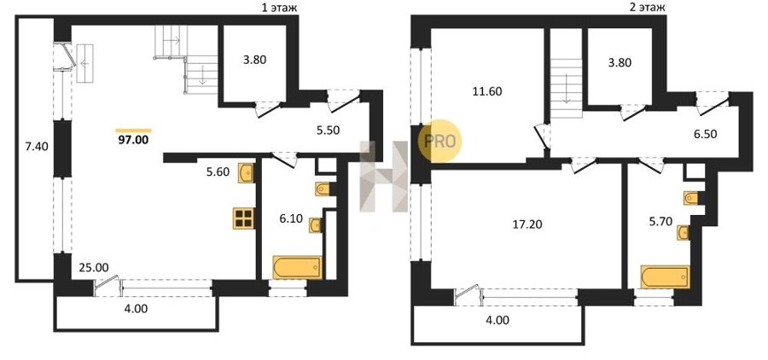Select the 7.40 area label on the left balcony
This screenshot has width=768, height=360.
[x=37, y=146]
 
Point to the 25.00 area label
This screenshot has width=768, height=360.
[x=94, y=267]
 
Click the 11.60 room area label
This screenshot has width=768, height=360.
[x=488, y=91]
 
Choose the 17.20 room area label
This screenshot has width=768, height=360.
[x=527, y=225]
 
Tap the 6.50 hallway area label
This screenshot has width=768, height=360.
[x=706, y=134]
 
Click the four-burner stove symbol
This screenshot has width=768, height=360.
[x=244, y=218]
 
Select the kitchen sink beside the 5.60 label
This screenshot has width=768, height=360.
[x=246, y=173]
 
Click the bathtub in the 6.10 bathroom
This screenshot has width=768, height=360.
[x=297, y=267]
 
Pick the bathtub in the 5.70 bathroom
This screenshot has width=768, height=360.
[x=665, y=277]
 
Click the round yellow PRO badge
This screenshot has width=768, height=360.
[x=439, y=141]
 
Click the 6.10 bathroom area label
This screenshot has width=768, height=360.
[x=291, y=219]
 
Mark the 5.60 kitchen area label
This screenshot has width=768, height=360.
[x=218, y=172]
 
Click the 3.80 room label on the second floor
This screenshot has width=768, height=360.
[x=620, y=62]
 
